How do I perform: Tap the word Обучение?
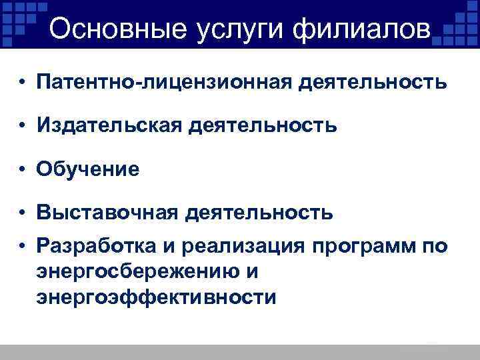89,169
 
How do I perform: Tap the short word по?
433,246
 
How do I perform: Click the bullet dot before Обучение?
23,170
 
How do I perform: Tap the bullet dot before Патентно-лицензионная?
23,83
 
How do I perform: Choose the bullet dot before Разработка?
23,246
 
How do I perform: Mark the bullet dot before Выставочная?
23,213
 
